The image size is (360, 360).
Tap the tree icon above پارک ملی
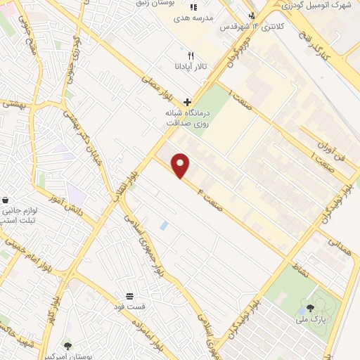pyautogui.click(x=310, y=308)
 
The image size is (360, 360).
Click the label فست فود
pyautogui.click(x=131, y=307)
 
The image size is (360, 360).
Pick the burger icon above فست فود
pyautogui.click(x=129, y=296)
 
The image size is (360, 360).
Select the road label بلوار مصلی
pyautogui.click(x=156, y=88)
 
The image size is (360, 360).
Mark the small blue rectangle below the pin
pyautogui.click(x=164, y=226)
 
